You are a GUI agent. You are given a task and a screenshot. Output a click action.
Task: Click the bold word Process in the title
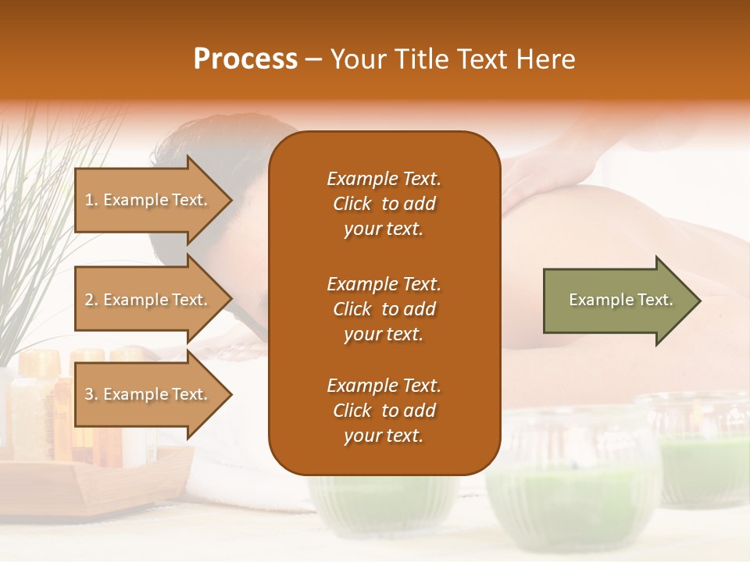point(245,59)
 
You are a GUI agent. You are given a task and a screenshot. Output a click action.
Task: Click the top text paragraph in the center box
point(384,204)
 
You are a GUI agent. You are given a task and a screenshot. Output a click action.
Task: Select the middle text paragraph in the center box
point(384,309)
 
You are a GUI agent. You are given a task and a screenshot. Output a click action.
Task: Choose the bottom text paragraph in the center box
point(384,411)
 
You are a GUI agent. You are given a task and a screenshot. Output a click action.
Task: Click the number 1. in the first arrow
point(91,200)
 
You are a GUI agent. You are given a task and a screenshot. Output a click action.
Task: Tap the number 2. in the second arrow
point(91,300)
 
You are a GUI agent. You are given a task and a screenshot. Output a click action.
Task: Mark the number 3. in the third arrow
point(91,394)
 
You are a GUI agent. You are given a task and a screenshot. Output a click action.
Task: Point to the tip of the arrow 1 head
point(231,201)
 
